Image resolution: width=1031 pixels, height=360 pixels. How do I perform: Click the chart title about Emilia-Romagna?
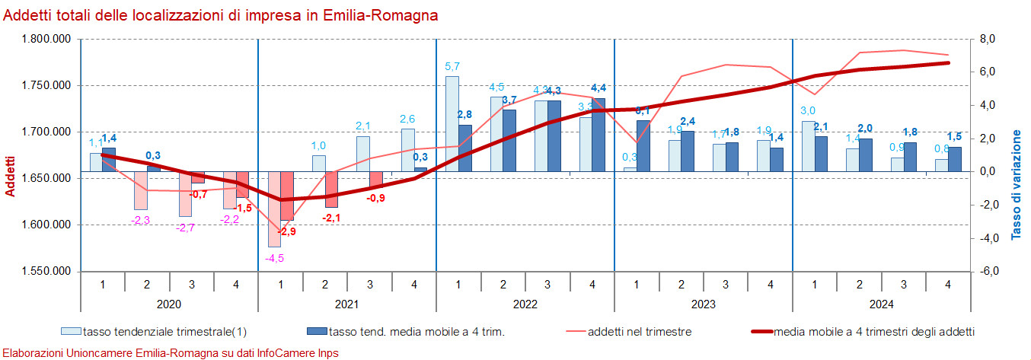pos(221,15)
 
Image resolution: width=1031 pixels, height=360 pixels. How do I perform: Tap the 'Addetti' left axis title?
pos(11,176)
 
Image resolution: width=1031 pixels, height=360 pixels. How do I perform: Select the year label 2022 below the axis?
pos(525,304)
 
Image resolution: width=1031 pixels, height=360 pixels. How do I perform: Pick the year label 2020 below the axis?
pos(168,304)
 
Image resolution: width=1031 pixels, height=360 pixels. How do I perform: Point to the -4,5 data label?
pos(274,258)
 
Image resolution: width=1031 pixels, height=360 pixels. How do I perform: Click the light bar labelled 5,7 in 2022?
pos(452,124)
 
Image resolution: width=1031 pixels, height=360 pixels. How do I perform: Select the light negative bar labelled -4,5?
pos(274,209)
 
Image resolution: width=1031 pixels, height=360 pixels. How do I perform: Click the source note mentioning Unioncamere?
pos(171,353)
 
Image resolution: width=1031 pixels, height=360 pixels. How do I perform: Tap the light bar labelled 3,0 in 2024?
pos(808,147)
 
